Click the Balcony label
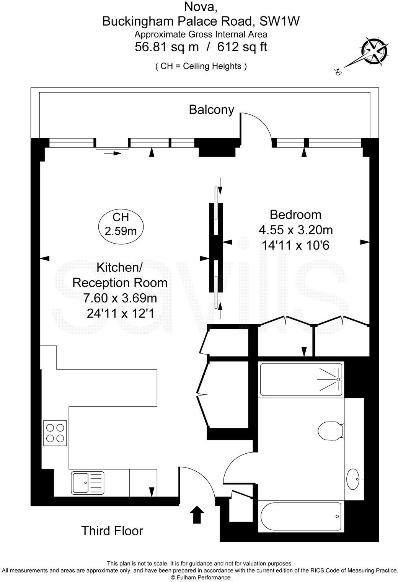(211, 110)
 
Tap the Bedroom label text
(295, 215)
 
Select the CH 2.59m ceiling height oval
(121, 224)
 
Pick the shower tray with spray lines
(301, 379)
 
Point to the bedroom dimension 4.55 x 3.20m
(296, 230)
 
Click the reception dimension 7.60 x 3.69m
(120, 298)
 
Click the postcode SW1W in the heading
(279, 21)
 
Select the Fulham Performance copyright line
(201, 577)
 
